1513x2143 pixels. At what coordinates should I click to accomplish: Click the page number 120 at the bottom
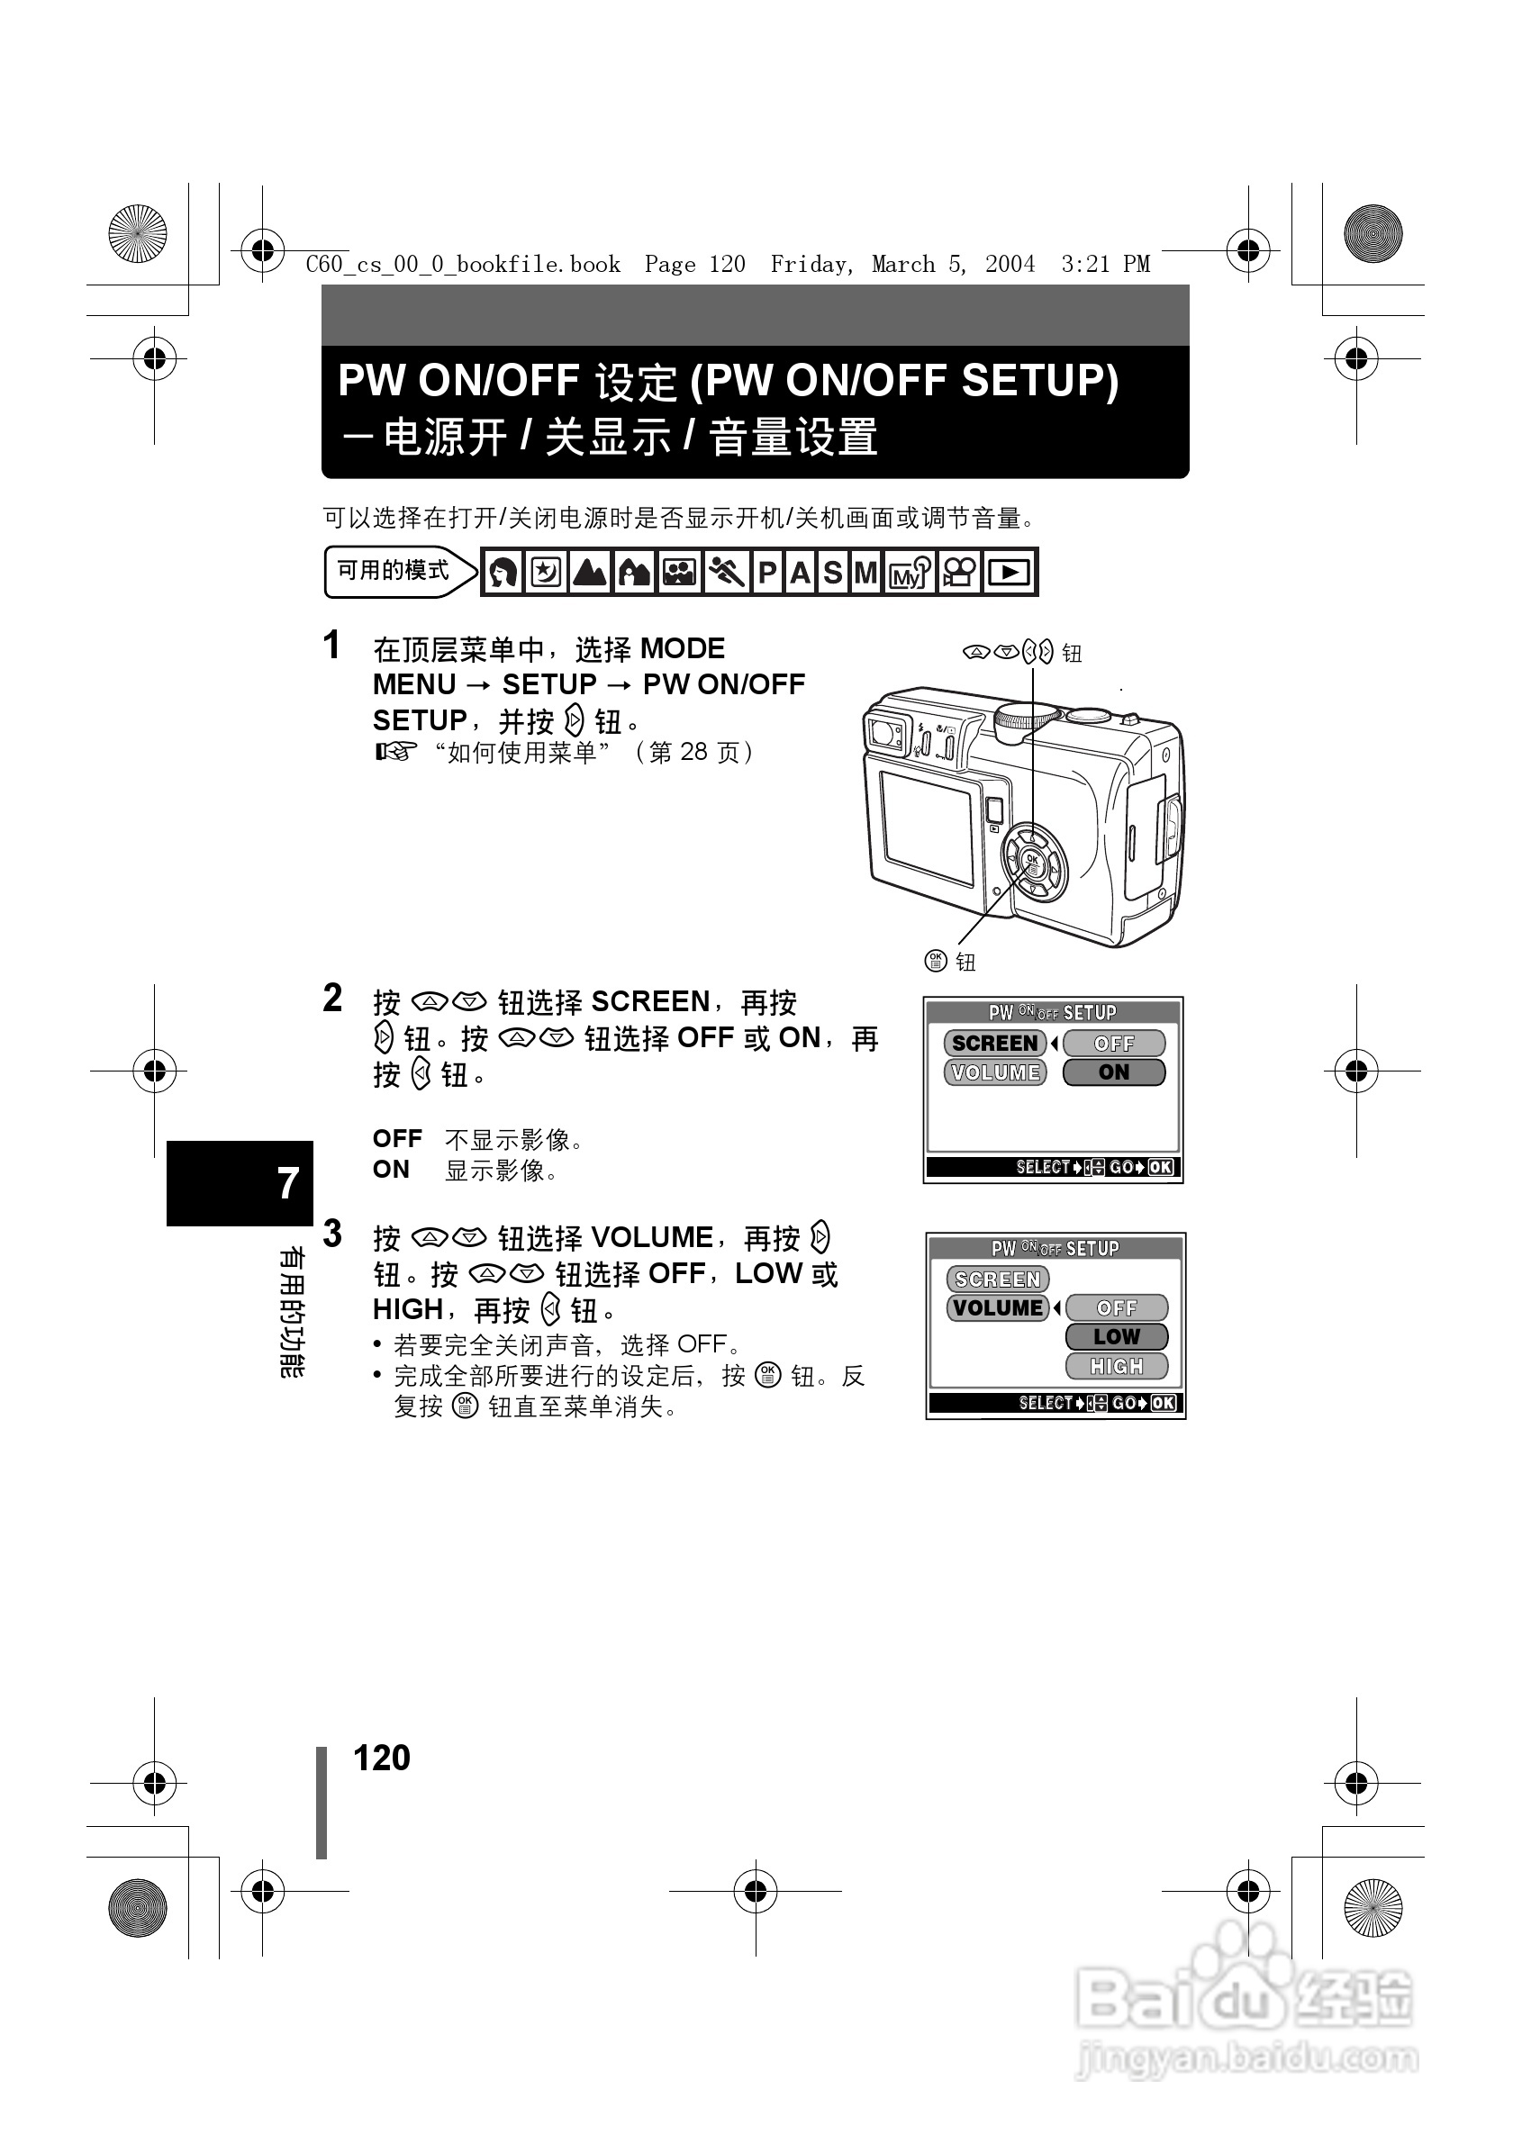[382, 1758]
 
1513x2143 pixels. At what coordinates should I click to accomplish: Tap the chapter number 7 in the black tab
[287, 1182]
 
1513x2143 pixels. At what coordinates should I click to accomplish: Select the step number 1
[331, 646]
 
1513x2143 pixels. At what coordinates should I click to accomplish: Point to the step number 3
[332, 1234]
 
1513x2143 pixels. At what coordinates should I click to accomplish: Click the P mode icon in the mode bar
[767, 572]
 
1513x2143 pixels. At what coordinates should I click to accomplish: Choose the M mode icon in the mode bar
[865, 572]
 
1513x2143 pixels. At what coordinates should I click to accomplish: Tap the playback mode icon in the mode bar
[1009, 572]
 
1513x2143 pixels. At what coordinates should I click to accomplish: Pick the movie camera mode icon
[959, 572]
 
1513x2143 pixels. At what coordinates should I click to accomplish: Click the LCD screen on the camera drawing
[926, 827]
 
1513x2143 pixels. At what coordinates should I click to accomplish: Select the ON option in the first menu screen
[1113, 1072]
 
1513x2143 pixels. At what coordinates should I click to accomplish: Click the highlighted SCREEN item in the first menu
[995, 1043]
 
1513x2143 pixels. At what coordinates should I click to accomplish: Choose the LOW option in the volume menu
[1117, 1336]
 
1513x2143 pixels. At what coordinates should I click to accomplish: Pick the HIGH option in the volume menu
[1117, 1367]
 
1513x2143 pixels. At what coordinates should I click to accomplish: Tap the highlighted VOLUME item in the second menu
[998, 1307]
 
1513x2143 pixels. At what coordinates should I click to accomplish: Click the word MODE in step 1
[683, 648]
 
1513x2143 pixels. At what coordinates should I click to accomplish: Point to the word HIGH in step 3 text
[407, 1309]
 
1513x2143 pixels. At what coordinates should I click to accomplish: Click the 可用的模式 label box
[393, 571]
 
